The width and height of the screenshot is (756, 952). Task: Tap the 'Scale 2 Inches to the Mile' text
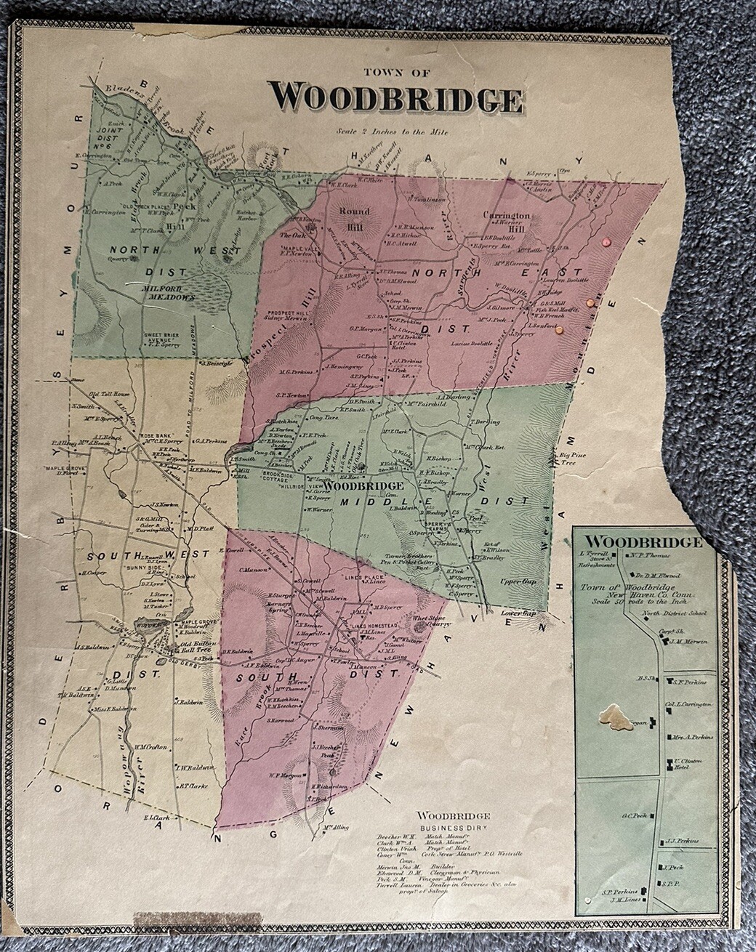[x=392, y=132]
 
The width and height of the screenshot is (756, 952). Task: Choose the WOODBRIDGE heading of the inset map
[x=643, y=542]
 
